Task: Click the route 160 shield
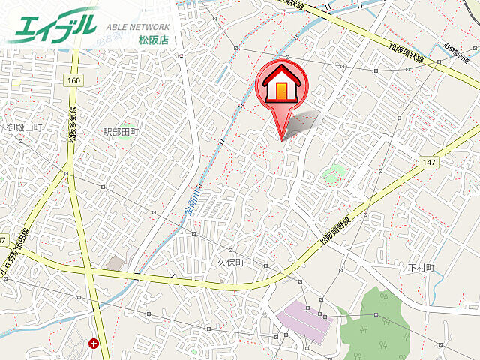pos(73,80)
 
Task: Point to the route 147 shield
pos(428,161)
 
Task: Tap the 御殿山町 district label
pos(24,128)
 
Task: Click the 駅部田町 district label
pos(121,132)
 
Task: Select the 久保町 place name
pos(232,263)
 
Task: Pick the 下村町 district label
pos(421,268)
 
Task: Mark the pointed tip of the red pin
pos(282,139)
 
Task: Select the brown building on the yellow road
pos(115,264)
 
